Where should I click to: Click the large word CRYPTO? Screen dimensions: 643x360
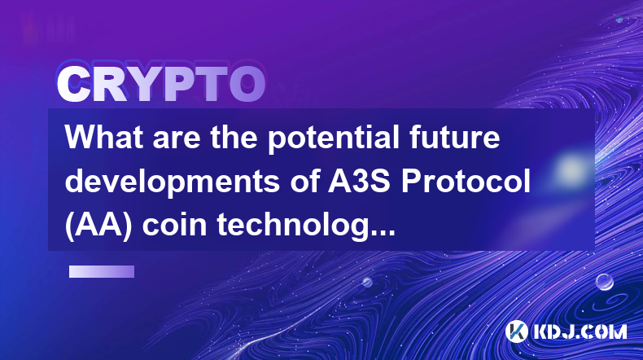(x=161, y=84)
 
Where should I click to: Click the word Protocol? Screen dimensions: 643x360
(x=466, y=182)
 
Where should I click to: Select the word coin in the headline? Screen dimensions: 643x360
(x=175, y=225)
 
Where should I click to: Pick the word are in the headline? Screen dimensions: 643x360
(x=177, y=139)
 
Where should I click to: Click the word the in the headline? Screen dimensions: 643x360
(x=234, y=137)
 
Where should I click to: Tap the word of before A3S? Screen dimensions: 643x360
(x=304, y=182)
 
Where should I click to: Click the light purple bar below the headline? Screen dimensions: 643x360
(x=102, y=271)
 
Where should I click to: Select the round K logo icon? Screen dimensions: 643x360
(x=516, y=331)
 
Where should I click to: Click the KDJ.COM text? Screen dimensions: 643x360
(x=580, y=331)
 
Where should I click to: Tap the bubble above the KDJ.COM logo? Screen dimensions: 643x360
(x=605, y=282)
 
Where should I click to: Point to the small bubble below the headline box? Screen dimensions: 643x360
(x=367, y=282)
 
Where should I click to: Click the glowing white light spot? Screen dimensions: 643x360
(x=571, y=169)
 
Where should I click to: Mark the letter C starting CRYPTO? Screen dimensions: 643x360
(x=73, y=84)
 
